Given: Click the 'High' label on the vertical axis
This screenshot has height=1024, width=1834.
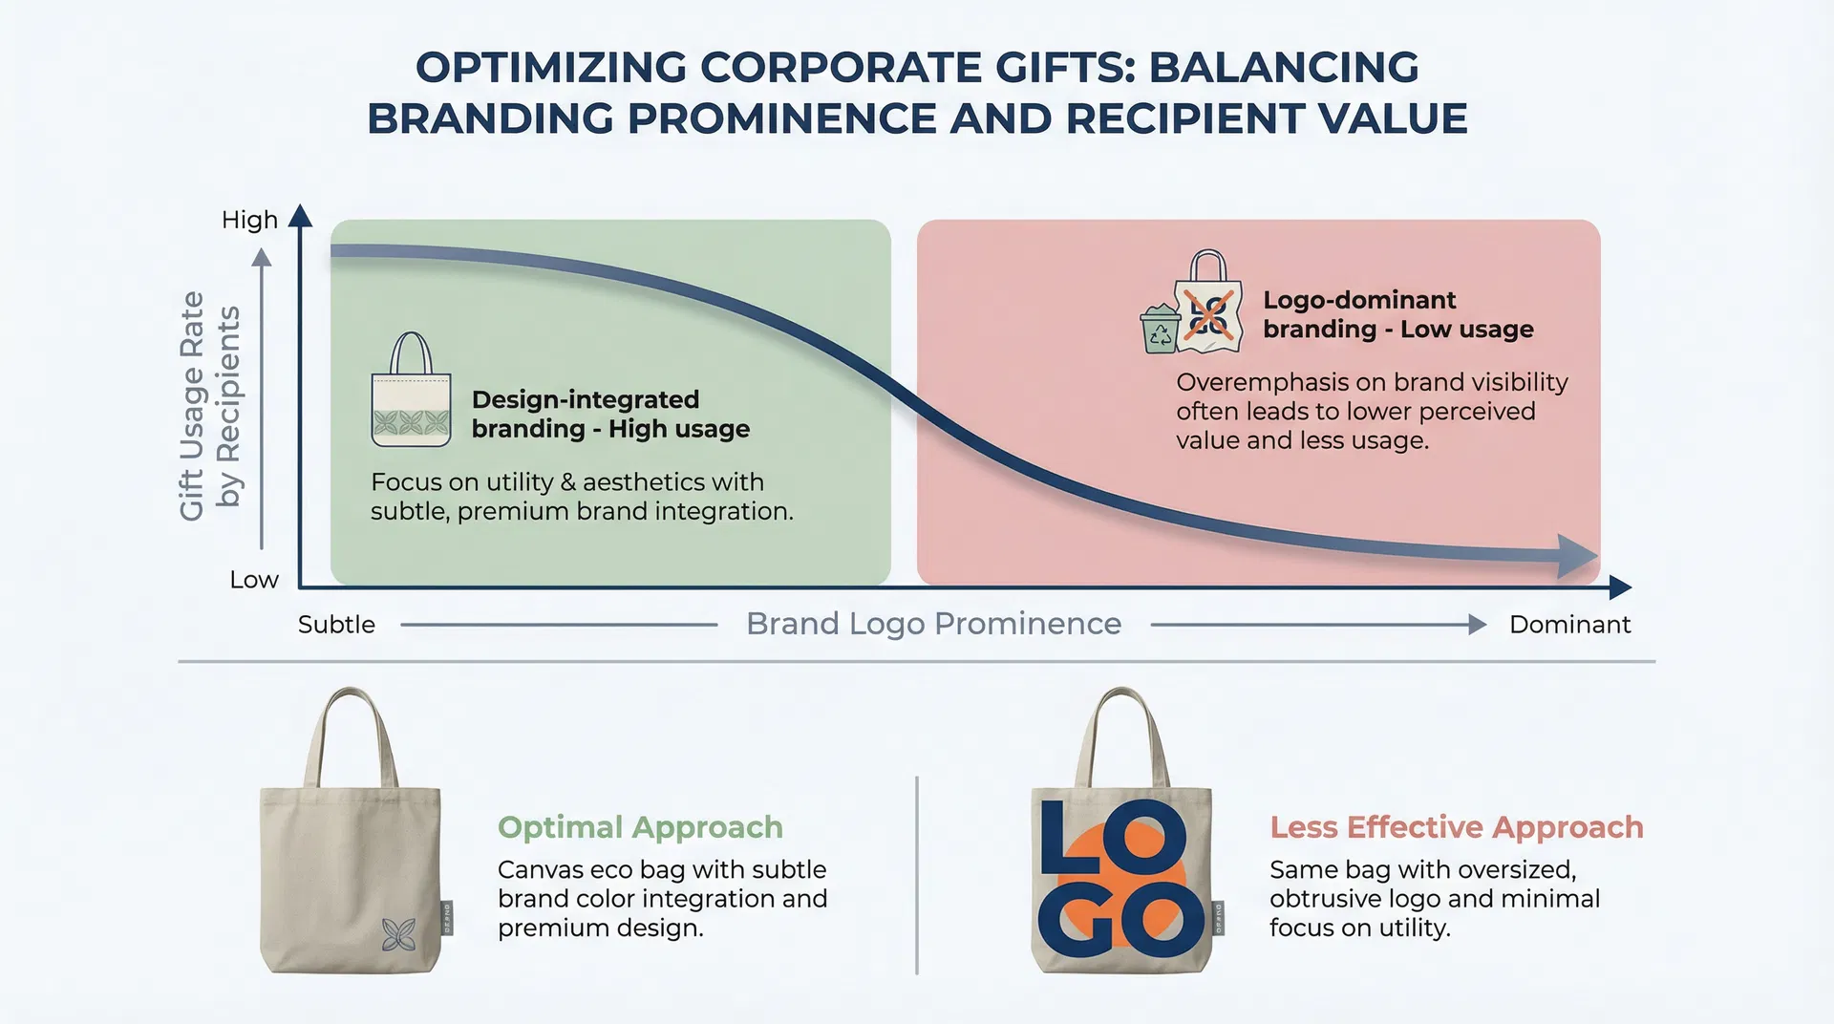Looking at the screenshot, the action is pos(249,220).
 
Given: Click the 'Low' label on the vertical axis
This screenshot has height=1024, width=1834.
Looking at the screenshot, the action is pos(254,580).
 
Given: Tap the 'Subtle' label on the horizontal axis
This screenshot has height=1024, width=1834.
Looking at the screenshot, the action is pos(336,625).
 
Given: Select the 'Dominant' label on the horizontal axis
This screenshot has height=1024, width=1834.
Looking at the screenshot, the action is pos(1569,625).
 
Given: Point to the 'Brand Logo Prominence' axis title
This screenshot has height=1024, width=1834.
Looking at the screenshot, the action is pos(933,624).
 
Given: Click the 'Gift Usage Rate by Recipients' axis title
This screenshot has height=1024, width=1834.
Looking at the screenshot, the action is pos(210,406).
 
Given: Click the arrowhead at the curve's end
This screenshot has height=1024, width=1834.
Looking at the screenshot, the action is pos(1578,556).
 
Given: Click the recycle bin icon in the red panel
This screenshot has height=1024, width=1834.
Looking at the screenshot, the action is pos(1160,329).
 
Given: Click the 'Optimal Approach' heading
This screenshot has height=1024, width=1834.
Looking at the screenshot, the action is pos(640,827).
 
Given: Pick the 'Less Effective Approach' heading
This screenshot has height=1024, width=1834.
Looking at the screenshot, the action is pos(1457,827).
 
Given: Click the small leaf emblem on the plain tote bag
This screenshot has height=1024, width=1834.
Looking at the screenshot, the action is pos(398,935).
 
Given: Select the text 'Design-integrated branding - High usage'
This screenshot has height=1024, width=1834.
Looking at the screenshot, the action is pos(610,415).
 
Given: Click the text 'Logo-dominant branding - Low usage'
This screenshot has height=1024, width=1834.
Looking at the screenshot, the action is pos(1398,314).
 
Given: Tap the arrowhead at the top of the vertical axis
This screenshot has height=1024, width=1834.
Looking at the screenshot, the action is pos(300,215).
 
